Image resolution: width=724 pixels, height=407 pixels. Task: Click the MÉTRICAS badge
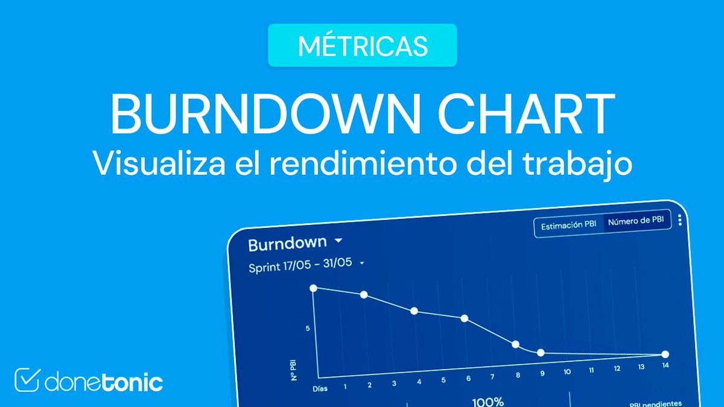click(362, 46)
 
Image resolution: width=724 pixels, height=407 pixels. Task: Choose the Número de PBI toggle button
click(638, 221)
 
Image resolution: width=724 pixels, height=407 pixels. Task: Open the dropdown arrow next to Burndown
click(338, 241)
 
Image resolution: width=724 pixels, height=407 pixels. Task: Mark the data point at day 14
click(665, 355)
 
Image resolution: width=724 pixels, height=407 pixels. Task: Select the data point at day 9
click(541, 353)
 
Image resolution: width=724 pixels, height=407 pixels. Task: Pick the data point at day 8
click(515, 344)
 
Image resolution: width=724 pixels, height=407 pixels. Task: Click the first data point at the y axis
click(313, 288)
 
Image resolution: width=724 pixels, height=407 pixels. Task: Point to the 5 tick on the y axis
click(308, 329)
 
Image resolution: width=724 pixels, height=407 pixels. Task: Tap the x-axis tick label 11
click(592, 370)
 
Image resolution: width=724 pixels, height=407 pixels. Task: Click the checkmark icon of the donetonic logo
click(27, 380)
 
